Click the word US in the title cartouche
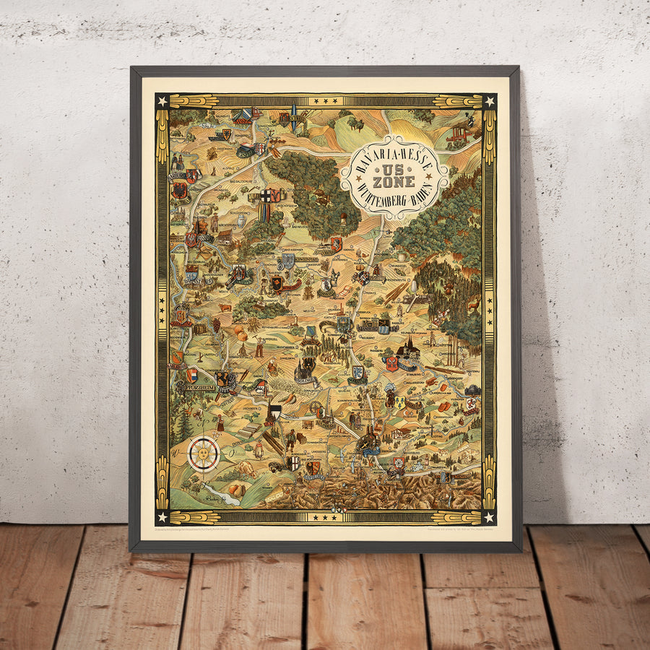pos(394,167)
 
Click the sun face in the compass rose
pos(203,454)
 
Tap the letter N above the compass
pos(204,431)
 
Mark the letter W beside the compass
pos(175,454)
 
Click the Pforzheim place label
pos(193,386)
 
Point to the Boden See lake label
pos(212,497)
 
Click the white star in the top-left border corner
pos(162,100)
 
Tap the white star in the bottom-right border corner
pos(489,516)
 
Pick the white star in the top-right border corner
pos(489,100)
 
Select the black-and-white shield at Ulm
pos(274,414)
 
